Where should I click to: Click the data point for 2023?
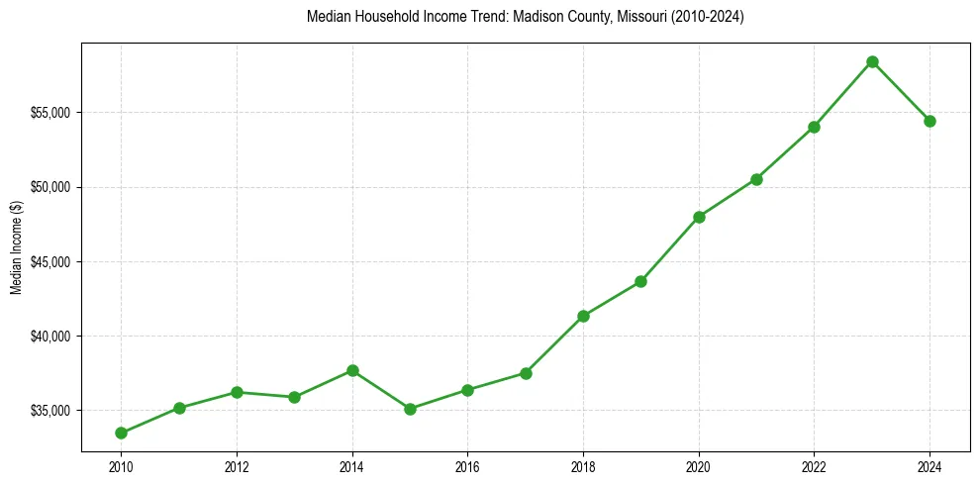point(872,61)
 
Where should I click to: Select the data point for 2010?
point(121,433)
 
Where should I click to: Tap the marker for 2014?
point(352,370)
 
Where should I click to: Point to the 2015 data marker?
point(410,409)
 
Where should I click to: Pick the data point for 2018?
point(583,316)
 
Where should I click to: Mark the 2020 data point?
point(699,217)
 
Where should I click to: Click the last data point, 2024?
point(930,121)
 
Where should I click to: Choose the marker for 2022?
point(814,127)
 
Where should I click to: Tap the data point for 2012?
point(237,392)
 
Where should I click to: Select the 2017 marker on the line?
point(526,373)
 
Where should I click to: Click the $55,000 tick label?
point(50,113)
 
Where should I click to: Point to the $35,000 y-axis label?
point(50,411)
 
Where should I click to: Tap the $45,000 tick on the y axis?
point(50,262)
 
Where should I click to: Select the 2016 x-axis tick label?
point(467,464)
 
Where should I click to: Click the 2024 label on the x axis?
point(930,464)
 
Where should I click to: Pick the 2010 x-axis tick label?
point(121,464)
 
